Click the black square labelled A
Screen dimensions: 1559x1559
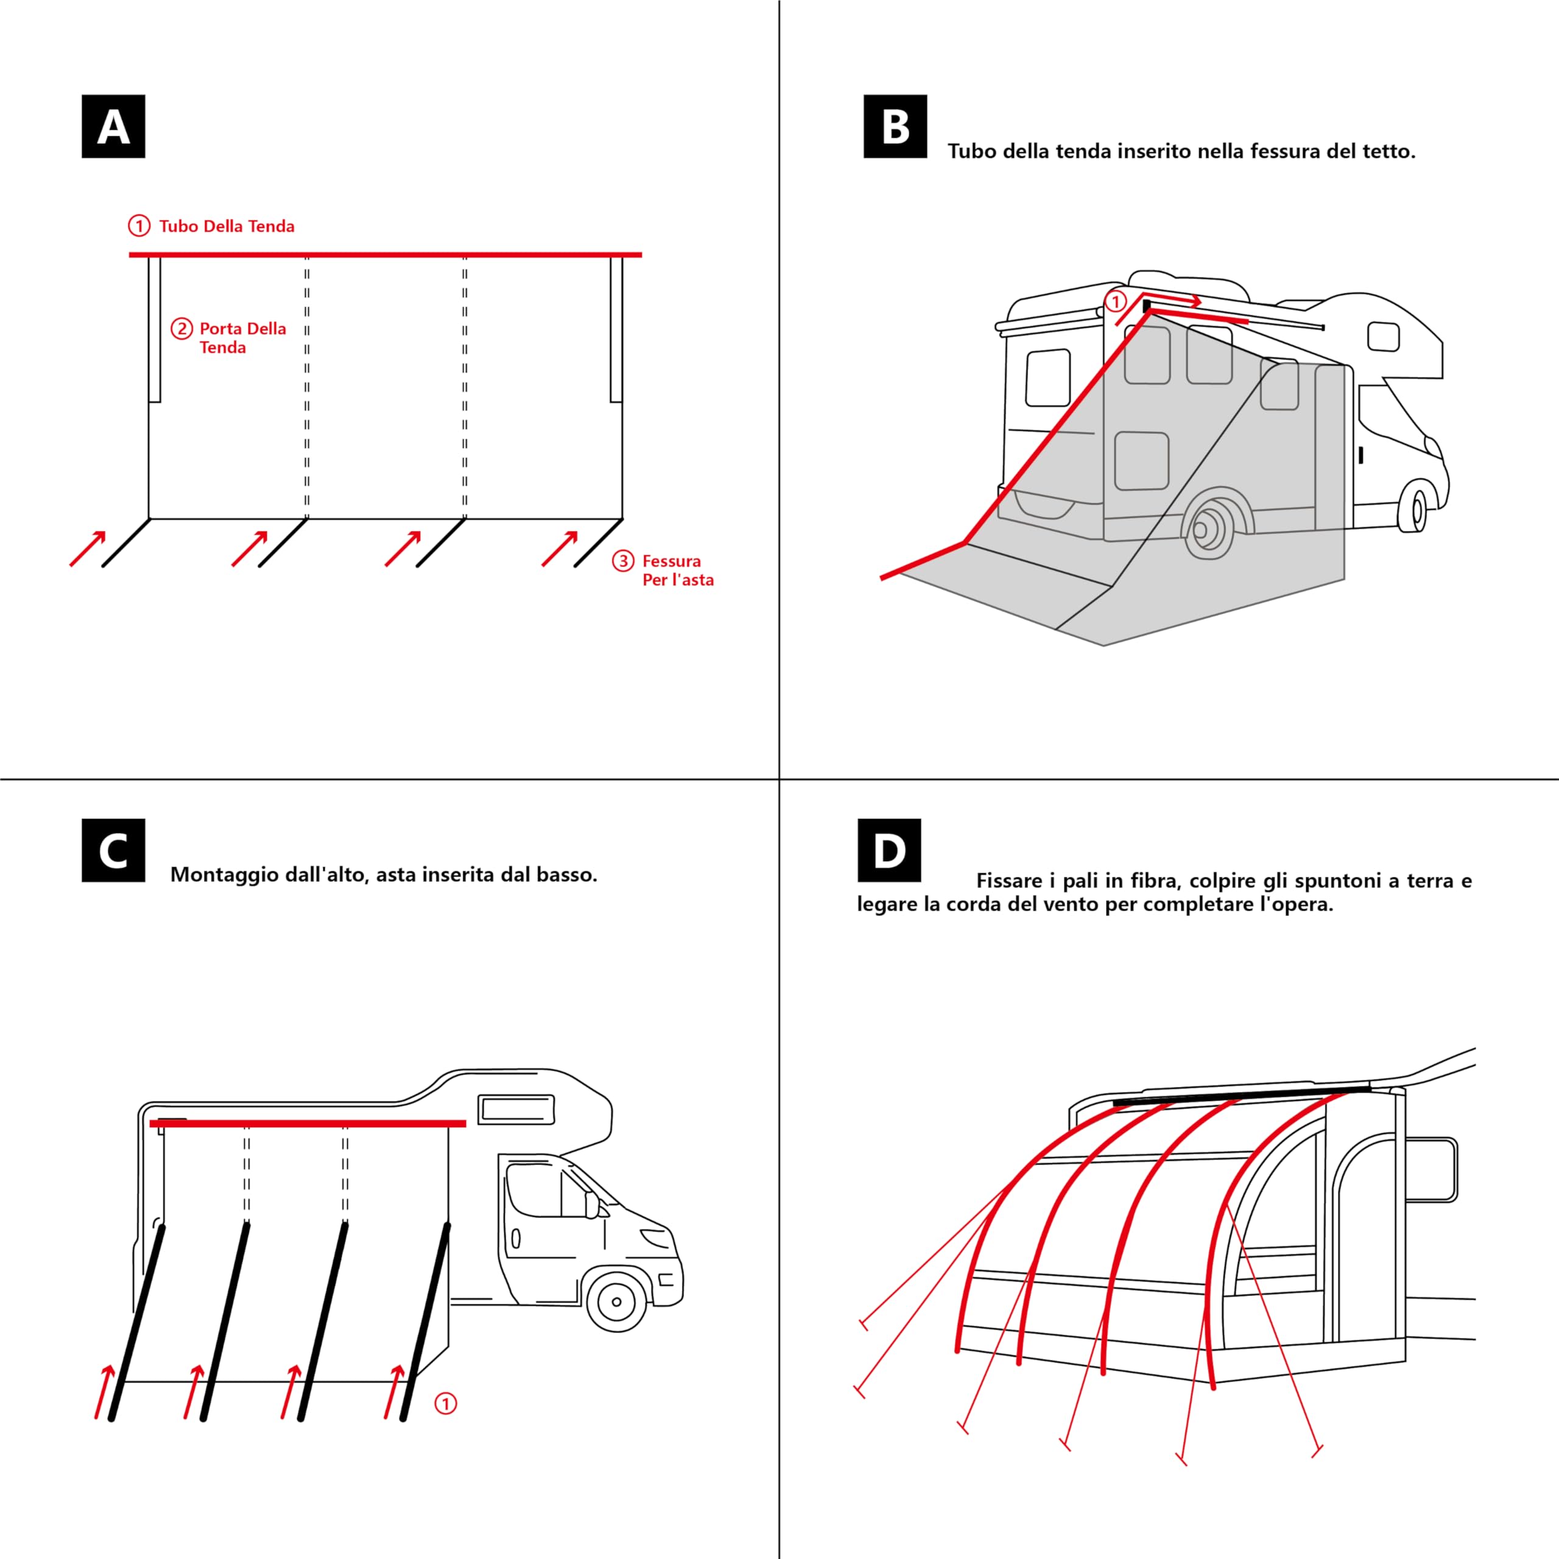point(113,127)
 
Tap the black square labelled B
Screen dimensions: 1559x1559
point(895,127)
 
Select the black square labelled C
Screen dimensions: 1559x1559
point(113,851)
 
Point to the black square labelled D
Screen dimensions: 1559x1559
point(889,851)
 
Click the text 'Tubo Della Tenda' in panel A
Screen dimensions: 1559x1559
point(226,226)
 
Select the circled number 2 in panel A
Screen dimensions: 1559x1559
point(181,328)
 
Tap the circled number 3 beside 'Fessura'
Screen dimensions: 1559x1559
point(623,561)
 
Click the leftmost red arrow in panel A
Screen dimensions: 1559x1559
point(88,549)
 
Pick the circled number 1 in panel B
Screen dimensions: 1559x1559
point(1115,302)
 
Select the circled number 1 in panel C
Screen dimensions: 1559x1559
point(445,1403)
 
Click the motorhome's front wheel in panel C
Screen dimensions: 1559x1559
point(616,1301)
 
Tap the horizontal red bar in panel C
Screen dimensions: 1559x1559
point(308,1123)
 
